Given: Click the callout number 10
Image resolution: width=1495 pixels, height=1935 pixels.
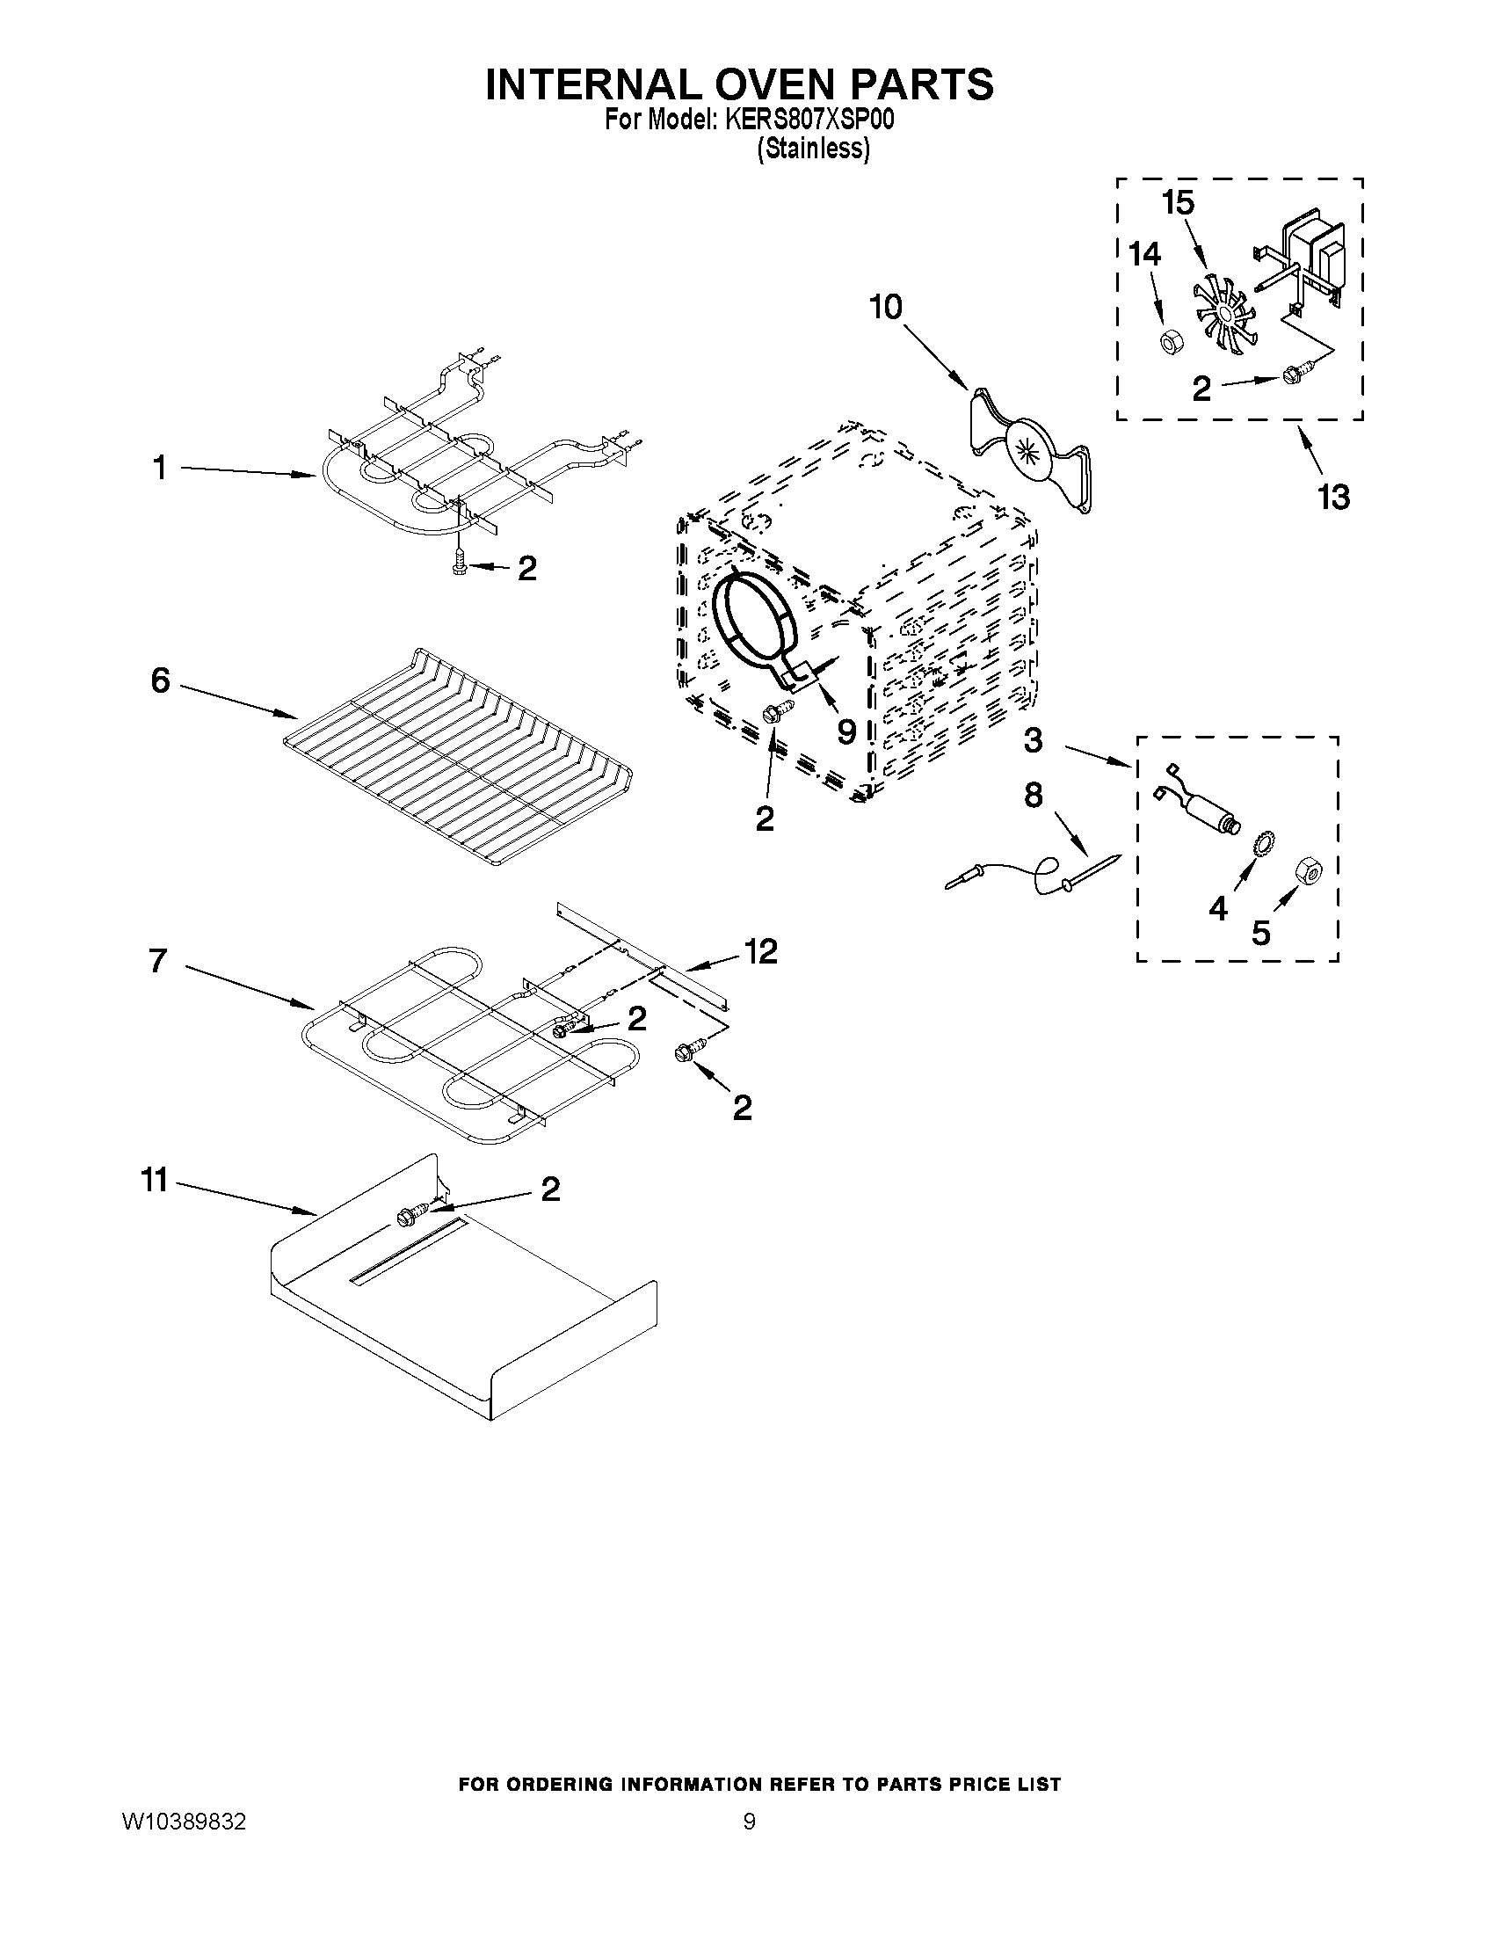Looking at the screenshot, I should [x=885, y=308].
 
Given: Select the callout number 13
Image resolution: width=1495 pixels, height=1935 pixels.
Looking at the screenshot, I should [x=1333, y=497].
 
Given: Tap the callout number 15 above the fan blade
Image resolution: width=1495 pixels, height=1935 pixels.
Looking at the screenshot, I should [x=1178, y=203].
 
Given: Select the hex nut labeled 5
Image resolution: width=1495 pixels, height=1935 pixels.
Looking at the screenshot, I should [x=1308, y=872].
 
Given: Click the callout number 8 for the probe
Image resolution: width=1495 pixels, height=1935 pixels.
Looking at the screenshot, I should [x=1033, y=795].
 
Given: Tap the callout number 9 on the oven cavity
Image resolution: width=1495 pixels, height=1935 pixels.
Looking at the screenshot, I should [x=845, y=731].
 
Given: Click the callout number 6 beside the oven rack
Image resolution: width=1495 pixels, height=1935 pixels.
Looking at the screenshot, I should [x=160, y=680].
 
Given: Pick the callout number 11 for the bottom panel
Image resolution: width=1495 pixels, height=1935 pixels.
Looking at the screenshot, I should [x=155, y=1180].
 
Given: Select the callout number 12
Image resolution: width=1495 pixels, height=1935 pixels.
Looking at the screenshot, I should [x=761, y=951].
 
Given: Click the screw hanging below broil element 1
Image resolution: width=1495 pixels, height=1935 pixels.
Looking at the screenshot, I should [x=458, y=564].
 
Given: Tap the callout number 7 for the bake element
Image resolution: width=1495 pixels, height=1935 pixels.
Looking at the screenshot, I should [x=158, y=960].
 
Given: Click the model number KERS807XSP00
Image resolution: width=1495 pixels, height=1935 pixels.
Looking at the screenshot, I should [x=809, y=120].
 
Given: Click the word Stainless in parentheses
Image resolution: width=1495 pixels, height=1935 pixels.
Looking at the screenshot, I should [x=814, y=149].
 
